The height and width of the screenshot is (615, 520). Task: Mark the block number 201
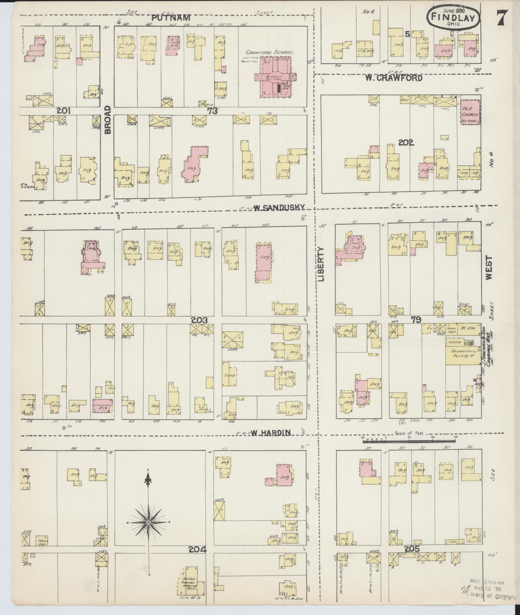(63, 111)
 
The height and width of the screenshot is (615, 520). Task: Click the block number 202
(406, 143)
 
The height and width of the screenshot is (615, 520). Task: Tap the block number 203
(199, 320)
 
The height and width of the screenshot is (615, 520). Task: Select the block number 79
(416, 319)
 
